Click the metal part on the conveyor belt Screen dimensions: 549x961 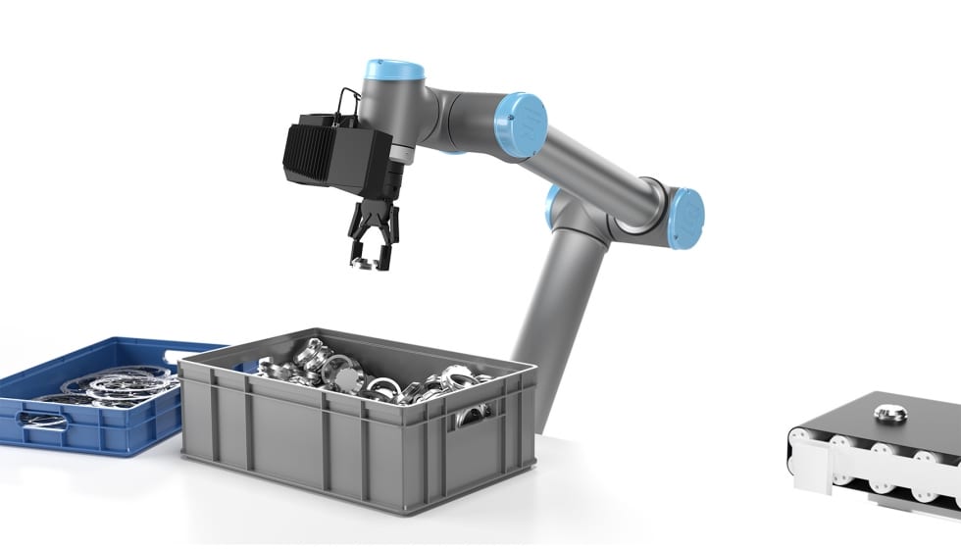coord(889,413)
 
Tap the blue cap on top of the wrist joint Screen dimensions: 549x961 coord(393,71)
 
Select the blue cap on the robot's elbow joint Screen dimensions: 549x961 coord(519,125)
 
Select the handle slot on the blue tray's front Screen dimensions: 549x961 coord(45,422)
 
